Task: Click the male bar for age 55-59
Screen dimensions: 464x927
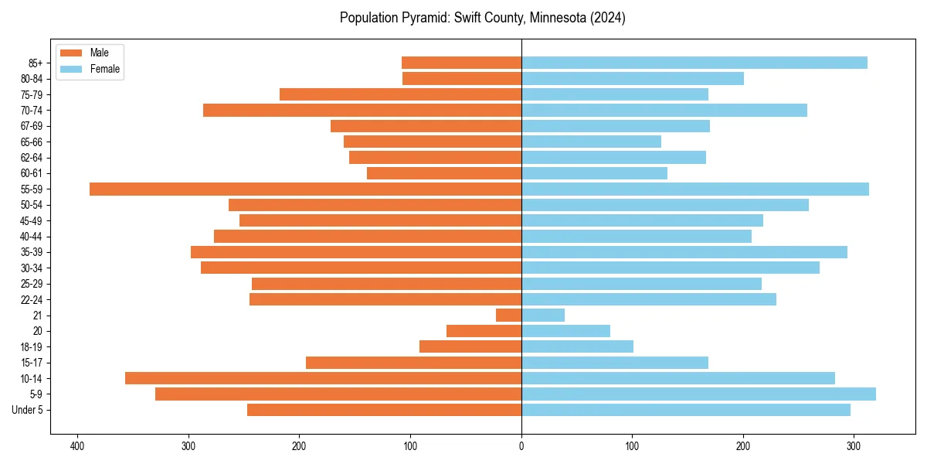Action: tap(305, 189)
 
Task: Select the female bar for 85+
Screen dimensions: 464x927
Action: tap(694, 63)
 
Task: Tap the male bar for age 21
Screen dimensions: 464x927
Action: tap(508, 315)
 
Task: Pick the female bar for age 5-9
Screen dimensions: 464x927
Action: tap(698, 394)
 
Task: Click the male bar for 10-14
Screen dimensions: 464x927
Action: tap(323, 378)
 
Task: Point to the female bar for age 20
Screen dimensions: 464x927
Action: tap(565, 331)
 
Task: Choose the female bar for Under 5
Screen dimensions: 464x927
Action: tap(685, 410)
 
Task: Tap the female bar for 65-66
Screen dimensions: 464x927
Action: tap(591, 142)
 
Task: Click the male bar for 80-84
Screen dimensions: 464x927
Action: tap(461, 78)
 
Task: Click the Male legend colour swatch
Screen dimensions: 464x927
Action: tap(71, 53)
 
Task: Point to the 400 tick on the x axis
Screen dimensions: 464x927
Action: tap(77, 445)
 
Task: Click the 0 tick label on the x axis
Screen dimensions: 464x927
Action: tap(521, 445)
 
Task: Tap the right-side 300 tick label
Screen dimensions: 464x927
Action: tap(854, 445)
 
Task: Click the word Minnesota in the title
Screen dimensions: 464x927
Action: tap(554, 18)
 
